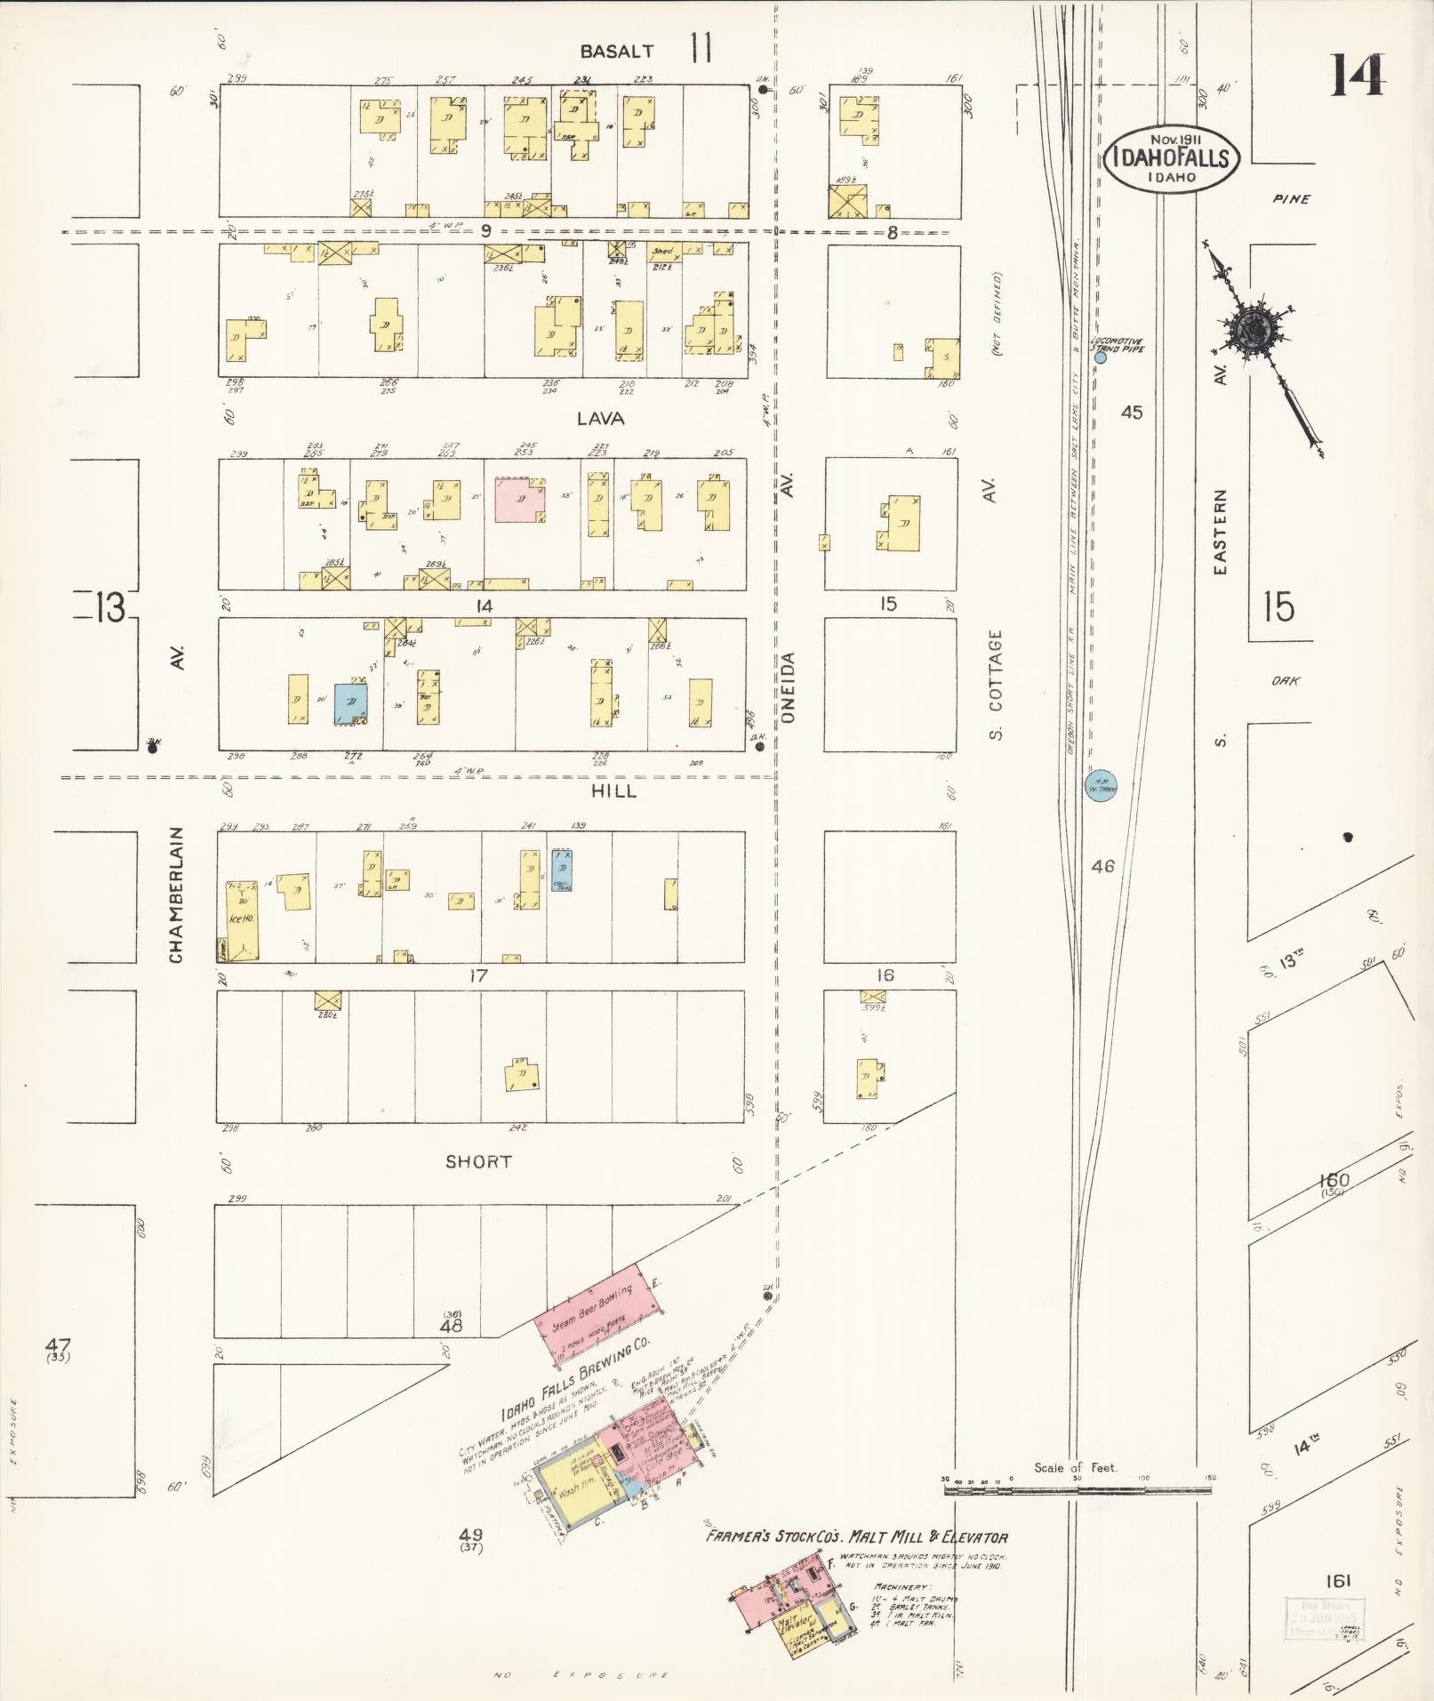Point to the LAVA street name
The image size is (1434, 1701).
[x=600, y=418]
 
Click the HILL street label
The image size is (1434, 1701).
[x=613, y=790]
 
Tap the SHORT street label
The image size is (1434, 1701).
[x=478, y=1161]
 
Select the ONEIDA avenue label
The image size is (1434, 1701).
[x=788, y=686]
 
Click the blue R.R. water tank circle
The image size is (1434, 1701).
[x=1102, y=785]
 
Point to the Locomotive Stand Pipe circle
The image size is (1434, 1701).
[x=1100, y=358]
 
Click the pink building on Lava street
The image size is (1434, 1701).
[x=519, y=500]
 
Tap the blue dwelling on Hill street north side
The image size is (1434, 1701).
[x=351, y=702]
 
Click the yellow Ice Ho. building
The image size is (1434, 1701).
[x=240, y=920]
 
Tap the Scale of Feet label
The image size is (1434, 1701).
[x=1076, y=1468]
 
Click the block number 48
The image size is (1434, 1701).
[x=452, y=1325]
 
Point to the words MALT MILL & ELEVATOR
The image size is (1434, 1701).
[x=929, y=1537]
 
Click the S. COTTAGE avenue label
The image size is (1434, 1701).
[x=995, y=686]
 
